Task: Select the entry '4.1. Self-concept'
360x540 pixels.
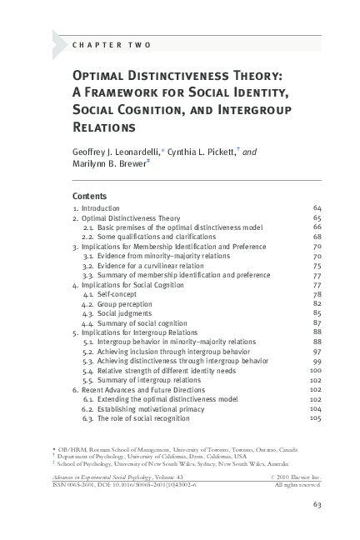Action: [109, 294]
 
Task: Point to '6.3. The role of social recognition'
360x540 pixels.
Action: [136, 418]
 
